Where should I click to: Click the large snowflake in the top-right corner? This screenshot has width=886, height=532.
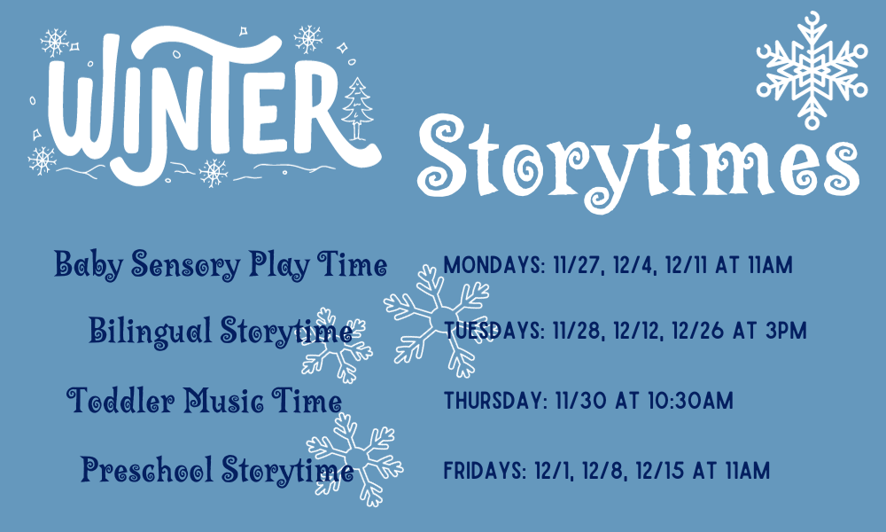[811, 68]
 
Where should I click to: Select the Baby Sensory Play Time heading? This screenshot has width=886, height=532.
[221, 264]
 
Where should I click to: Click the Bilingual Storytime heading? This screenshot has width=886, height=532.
[220, 332]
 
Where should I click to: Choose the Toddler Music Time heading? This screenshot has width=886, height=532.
[205, 401]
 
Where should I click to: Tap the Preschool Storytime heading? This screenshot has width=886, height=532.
[217, 469]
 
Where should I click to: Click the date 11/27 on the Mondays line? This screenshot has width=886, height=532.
[572, 264]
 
